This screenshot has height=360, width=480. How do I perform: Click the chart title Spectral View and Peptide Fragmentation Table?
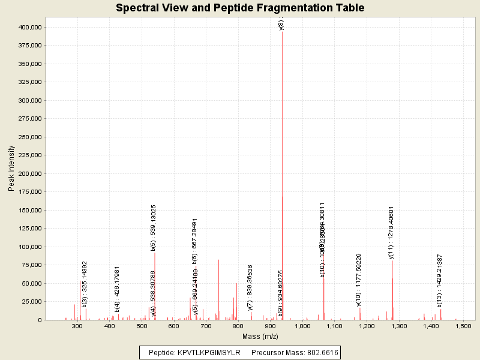coord(240,8)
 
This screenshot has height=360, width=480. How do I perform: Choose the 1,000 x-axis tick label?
coord(303,326)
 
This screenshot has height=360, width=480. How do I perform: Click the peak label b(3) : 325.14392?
coord(85,284)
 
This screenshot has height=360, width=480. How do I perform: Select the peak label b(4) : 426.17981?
coord(117,289)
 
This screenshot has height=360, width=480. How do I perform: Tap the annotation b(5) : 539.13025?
coord(154,227)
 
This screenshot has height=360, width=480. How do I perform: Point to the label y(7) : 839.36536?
coord(250,287)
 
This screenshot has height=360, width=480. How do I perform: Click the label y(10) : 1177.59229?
coord(359,280)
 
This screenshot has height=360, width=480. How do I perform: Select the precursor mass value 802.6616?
coord(320,352)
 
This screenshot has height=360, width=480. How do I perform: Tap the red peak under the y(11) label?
coord(392,288)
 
